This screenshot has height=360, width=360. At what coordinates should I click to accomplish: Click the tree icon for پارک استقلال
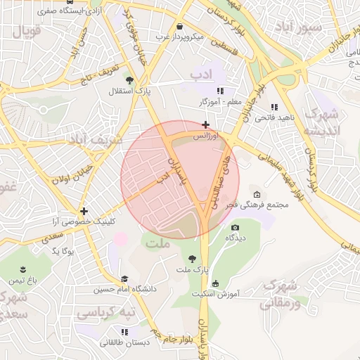coord(129,79)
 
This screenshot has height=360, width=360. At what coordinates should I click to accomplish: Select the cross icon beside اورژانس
coord(205,124)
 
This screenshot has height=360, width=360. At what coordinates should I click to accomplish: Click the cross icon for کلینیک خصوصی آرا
coord(84,210)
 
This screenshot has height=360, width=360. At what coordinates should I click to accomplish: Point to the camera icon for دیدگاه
coord(235,227)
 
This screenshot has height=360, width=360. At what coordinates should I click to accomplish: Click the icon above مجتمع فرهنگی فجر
coord(256,194)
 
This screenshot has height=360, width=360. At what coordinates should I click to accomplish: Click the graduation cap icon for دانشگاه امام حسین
coord(124,278)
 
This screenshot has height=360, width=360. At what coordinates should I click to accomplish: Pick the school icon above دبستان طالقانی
coord(124,332)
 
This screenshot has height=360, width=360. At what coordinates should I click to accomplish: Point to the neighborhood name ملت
coord(156,243)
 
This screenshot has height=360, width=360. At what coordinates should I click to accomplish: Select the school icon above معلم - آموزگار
coord(220,91)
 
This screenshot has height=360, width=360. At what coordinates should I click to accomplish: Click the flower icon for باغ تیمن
coord(23,270)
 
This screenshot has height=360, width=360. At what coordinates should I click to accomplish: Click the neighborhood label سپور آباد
coord(297,26)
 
